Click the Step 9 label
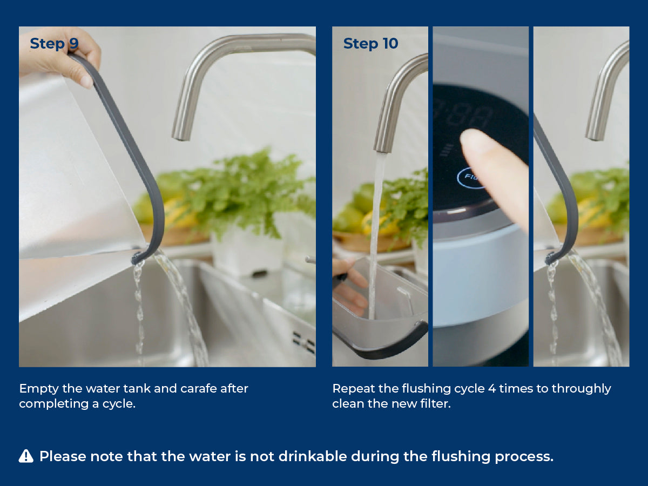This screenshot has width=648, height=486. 55,44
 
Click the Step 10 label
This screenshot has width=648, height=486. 371,44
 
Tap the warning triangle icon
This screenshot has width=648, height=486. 26,456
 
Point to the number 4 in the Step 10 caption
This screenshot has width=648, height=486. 492,389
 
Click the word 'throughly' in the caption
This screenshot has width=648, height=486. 581,389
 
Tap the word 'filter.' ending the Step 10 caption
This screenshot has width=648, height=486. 435,404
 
